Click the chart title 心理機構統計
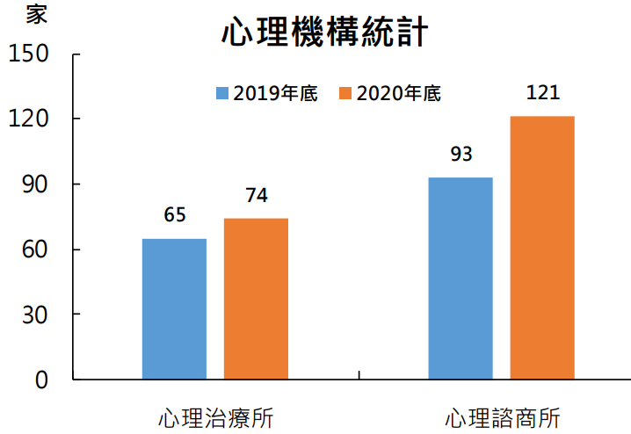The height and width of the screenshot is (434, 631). (x=324, y=33)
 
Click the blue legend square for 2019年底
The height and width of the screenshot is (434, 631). (x=223, y=93)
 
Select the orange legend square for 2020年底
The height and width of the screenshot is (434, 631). (x=345, y=93)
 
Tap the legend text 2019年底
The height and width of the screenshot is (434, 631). (x=275, y=93)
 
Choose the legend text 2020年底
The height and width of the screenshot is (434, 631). (x=397, y=93)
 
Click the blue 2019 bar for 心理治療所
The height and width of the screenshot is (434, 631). (x=174, y=309)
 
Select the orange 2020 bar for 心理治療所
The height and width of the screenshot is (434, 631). (x=256, y=299)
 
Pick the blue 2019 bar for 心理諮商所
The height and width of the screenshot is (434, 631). (x=461, y=278)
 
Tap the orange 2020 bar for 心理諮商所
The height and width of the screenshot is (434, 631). (x=542, y=248)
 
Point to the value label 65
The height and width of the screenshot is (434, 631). (x=175, y=216)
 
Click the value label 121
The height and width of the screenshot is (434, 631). (x=542, y=93)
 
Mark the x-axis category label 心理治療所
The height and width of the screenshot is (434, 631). (x=216, y=416)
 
